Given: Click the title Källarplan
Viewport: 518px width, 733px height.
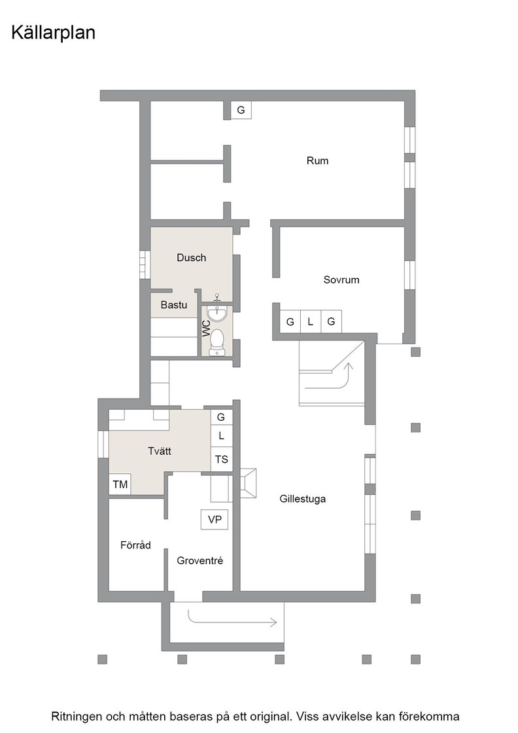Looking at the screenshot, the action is [53, 33].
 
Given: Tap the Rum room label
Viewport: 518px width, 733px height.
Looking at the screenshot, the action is [318, 161].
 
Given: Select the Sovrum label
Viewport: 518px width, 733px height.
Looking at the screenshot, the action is [341, 280].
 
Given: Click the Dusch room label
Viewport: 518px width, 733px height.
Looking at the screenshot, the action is [191, 258].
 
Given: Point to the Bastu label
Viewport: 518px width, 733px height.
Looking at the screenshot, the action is [174, 305].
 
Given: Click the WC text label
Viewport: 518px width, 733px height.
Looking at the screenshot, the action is [207, 328].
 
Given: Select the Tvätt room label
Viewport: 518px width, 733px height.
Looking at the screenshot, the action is [160, 451].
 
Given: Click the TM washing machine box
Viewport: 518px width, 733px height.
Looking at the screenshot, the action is [120, 484].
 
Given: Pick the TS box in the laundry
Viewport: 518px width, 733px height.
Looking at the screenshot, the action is [222, 459].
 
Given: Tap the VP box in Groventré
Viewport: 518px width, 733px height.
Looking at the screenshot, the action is [215, 520].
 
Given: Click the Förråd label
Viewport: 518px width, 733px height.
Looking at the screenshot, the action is [135, 545].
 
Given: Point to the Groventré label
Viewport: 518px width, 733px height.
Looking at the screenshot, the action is [200, 560].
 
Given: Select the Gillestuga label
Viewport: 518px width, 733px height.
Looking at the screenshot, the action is [303, 499].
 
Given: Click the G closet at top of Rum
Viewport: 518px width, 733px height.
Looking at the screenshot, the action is [241, 110].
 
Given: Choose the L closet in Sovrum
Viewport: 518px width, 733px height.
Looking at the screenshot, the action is [310, 321].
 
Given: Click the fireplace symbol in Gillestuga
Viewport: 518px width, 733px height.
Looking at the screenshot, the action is [248, 483].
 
